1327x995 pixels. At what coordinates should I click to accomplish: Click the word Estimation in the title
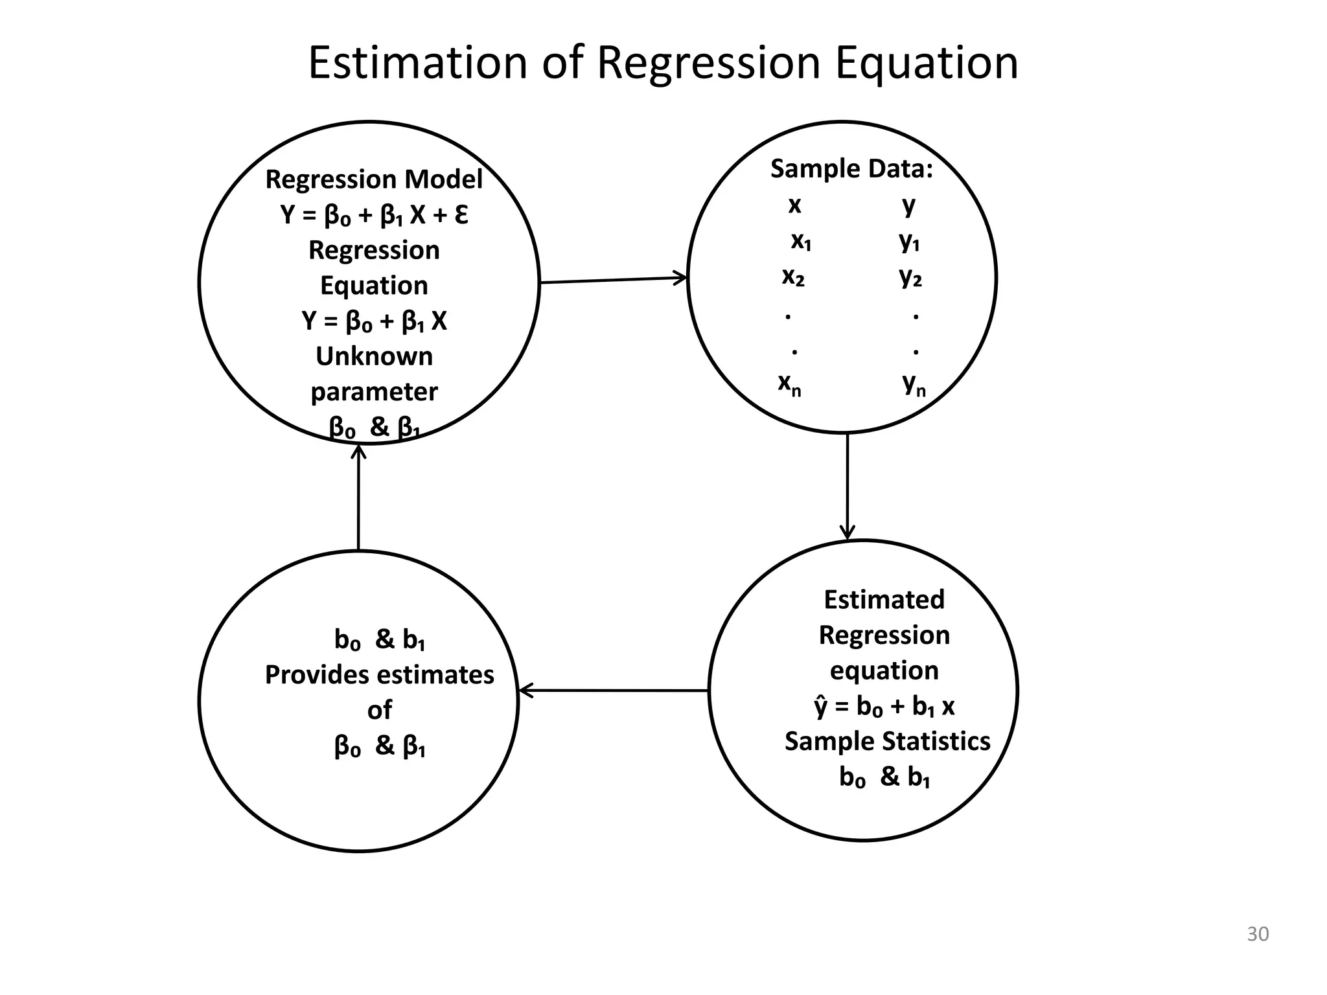point(417,63)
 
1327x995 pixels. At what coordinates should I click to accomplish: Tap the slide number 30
point(1258,934)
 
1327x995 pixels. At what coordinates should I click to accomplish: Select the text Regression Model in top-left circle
point(374,179)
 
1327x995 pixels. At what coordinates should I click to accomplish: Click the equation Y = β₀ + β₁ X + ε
point(374,215)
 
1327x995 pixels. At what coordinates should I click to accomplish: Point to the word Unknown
point(374,356)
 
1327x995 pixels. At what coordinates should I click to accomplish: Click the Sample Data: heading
point(851,169)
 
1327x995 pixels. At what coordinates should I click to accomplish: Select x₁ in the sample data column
point(801,241)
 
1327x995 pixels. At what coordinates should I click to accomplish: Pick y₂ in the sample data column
point(910,277)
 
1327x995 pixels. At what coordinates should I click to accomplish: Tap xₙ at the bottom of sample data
point(789,384)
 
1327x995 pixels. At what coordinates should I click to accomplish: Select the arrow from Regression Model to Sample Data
point(613,280)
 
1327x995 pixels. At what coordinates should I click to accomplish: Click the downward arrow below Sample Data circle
point(848,486)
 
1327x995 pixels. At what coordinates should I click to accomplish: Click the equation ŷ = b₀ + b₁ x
point(884,706)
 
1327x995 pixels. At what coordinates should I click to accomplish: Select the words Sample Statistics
point(887,741)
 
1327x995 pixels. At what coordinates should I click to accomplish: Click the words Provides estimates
point(379,675)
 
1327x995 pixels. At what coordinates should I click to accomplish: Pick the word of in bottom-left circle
point(379,711)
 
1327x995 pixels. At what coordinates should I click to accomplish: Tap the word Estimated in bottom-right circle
point(884,600)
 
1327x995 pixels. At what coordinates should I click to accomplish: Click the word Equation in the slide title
point(927,63)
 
